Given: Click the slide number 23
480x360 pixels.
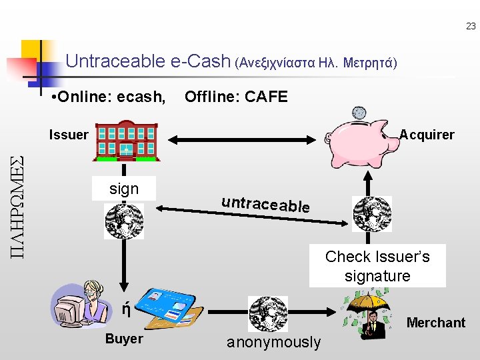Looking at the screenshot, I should [x=471, y=27].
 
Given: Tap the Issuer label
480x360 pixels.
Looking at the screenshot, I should [x=69, y=135].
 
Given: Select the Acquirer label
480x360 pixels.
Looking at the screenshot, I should [x=427, y=135].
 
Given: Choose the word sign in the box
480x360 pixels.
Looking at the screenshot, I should [x=124, y=189].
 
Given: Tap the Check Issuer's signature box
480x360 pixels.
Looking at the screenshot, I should [x=377, y=266].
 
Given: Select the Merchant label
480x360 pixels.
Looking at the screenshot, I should [x=436, y=323].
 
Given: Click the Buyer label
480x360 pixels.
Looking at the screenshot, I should [x=124, y=339].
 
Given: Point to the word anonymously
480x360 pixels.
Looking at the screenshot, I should [x=273, y=343].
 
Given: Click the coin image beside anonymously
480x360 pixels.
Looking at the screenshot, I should [x=268, y=314].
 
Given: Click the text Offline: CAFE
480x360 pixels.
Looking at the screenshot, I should [x=236, y=97].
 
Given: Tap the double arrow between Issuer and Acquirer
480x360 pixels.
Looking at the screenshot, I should [x=244, y=139].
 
